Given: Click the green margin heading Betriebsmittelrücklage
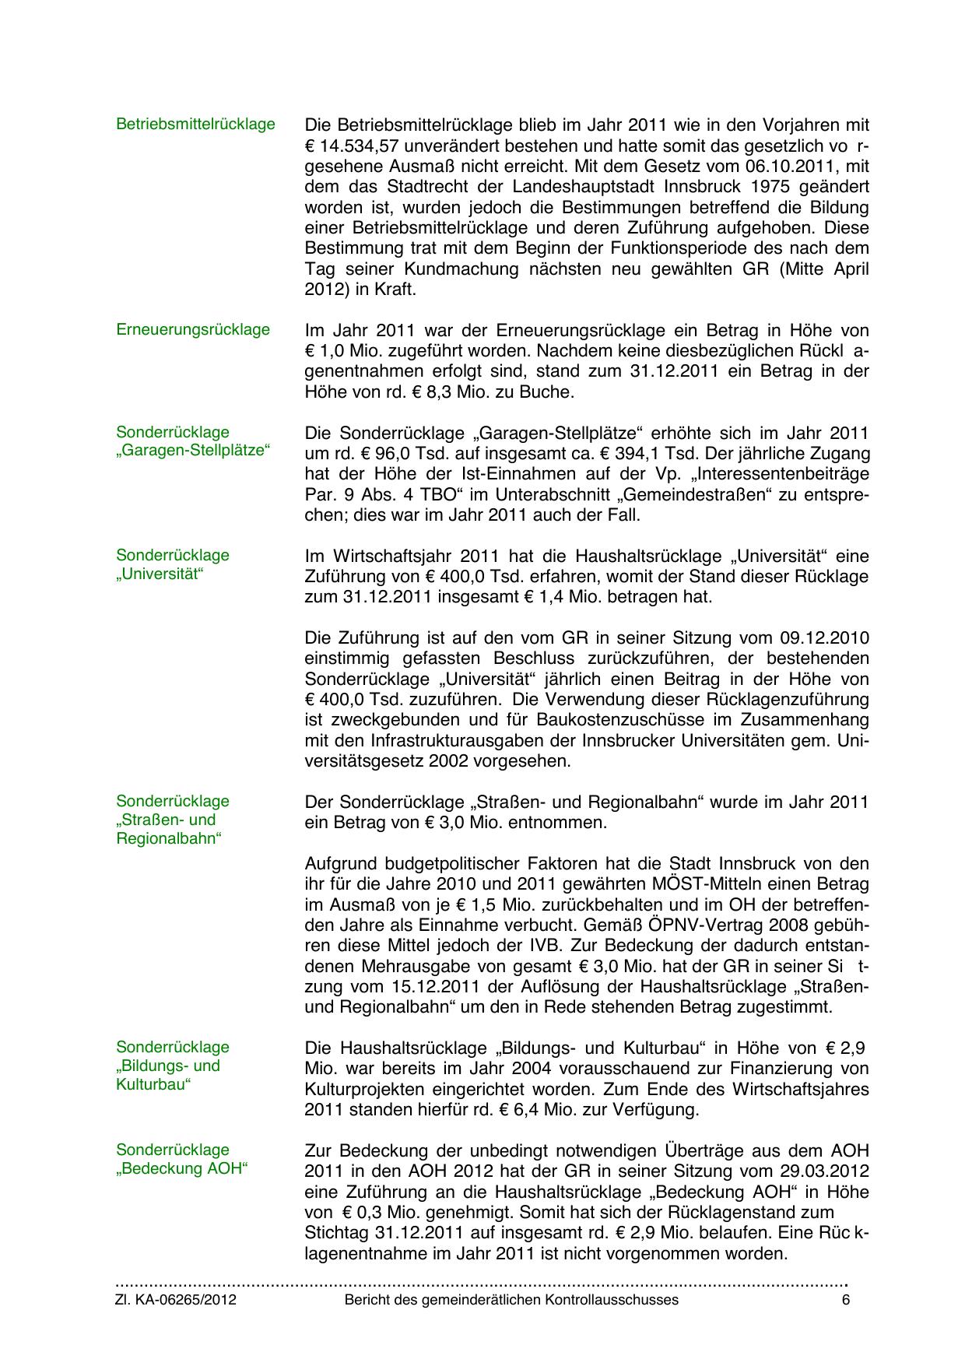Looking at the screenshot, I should pyautogui.click(x=195, y=124).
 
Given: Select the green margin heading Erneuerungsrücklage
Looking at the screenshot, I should pyautogui.click(x=193, y=329).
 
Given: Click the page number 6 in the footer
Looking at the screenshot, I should pyautogui.click(x=846, y=1300).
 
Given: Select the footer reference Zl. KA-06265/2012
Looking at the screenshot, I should pyautogui.click(x=176, y=1300).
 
